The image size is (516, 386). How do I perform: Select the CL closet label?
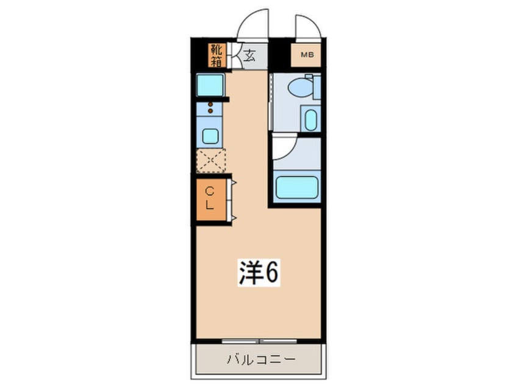209,199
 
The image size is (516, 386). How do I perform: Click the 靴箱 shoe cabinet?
216,55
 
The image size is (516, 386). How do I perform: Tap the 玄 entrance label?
249,57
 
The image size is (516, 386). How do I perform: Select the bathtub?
296,186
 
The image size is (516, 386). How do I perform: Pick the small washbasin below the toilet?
310,119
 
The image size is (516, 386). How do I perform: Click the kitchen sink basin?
210,136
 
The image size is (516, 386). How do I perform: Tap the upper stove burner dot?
211,105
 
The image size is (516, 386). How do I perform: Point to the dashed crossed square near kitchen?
210,161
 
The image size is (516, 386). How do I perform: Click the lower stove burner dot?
211,112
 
